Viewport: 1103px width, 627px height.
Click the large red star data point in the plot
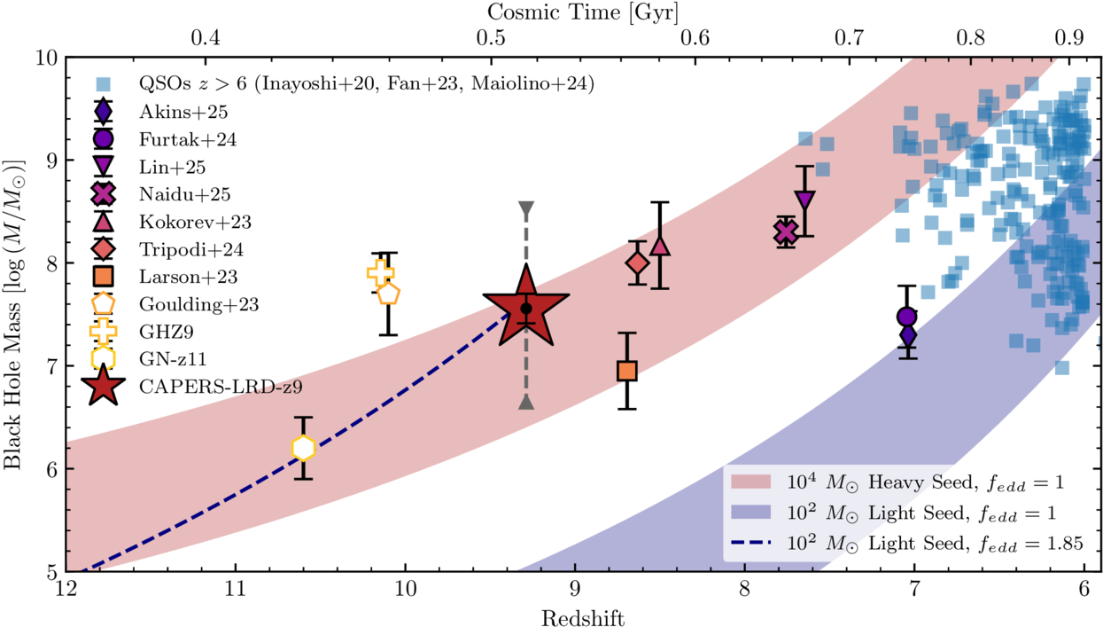[x=526, y=310]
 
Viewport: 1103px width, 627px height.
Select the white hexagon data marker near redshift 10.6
[x=304, y=449]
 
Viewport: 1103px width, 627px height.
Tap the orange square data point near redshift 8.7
[x=627, y=370]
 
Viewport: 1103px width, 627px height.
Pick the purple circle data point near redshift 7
[x=906, y=317]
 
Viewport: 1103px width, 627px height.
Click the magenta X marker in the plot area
[x=784, y=232]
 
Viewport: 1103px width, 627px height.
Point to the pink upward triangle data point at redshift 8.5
[x=660, y=246]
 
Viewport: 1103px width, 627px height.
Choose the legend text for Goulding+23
[x=190, y=304]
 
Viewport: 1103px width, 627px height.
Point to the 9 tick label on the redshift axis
[x=575, y=590]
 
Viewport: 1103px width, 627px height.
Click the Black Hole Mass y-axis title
[x=14, y=314]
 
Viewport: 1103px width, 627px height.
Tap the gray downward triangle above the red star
[x=526, y=209]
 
